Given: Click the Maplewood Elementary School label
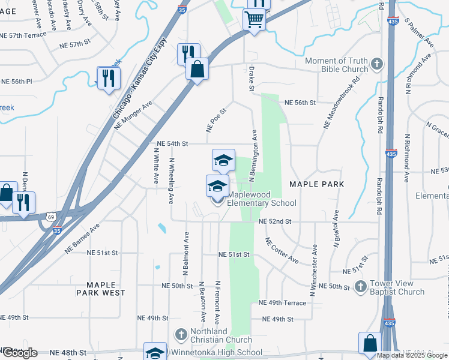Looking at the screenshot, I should click(x=261, y=199).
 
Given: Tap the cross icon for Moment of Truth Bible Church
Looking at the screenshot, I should click(x=376, y=64).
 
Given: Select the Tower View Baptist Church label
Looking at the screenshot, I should click(x=398, y=287).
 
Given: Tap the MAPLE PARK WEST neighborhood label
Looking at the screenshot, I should click(x=101, y=288).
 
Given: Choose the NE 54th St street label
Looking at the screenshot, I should click(x=172, y=144).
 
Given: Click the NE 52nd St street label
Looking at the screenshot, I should click(x=275, y=221).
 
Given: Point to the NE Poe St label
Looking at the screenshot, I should click(x=216, y=120).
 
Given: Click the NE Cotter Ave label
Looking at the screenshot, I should click(x=282, y=250).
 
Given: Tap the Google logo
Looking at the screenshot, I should click(x=20, y=353).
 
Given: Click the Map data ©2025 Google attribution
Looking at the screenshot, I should click(x=411, y=355).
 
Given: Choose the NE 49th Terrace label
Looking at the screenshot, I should click(x=282, y=303).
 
